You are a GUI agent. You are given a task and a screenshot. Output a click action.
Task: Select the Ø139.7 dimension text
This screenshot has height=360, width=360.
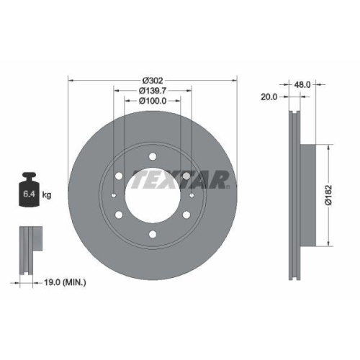pyautogui.click(x=153, y=90)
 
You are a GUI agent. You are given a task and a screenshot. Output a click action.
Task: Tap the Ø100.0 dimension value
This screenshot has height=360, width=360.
pyautogui.click(x=153, y=101)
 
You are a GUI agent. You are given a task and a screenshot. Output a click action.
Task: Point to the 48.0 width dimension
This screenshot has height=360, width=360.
pyautogui.click(x=302, y=84)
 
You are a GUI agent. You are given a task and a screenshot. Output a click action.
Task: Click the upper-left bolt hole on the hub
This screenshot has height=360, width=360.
pyautogui.click(x=119, y=175)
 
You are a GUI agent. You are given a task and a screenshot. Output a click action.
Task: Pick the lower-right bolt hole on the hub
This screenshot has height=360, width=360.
pyautogui.click(x=186, y=214)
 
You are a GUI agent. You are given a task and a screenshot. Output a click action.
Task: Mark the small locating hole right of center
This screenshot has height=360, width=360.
pyautogui.click(x=192, y=195)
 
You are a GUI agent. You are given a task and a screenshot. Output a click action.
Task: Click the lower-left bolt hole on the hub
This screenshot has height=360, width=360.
pyautogui.click(x=119, y=214)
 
